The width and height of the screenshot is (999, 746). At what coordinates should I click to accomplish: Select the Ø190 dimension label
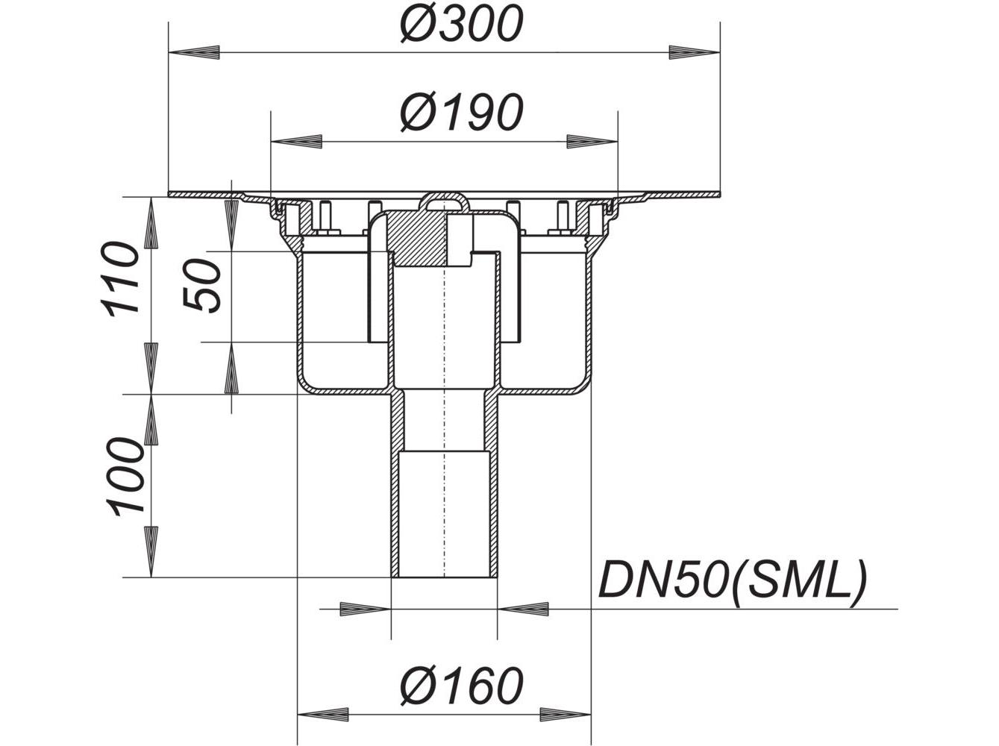click(x=462, y=113)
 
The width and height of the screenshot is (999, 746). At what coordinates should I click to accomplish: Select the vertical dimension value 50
click(x=201, y=285)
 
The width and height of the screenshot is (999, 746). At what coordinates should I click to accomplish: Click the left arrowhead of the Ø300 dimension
click(x=194, y=52)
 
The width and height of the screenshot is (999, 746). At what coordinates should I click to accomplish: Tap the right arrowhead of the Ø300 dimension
click(x=695, y=52)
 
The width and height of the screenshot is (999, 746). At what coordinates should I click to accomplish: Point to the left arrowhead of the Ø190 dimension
click(x=296, y=142)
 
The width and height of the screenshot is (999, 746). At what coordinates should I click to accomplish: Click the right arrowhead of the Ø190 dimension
click(x=592, y=142)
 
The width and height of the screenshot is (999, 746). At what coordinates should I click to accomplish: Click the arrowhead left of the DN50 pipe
click(x=366, y=609)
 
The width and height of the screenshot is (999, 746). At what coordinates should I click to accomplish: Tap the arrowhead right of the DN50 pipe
click(x=523, y=609)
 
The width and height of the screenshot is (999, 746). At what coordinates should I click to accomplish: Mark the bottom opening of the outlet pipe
click(x=444, y=577)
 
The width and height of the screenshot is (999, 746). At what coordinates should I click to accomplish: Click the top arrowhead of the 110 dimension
click(x=151, y=222)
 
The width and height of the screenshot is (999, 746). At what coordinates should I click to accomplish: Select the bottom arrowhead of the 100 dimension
click(x=151, y=552)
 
